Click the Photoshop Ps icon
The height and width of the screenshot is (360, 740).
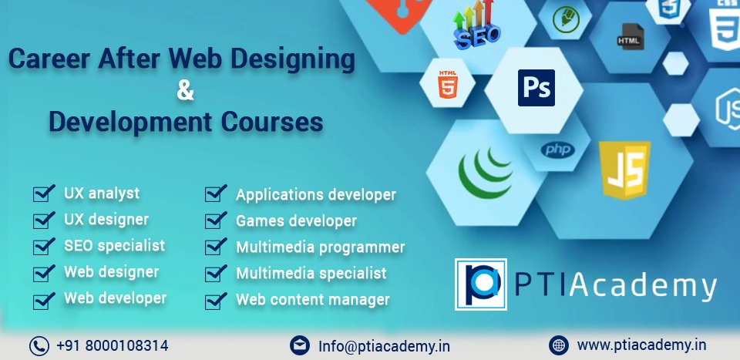point(536,87)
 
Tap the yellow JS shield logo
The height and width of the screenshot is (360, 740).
point(624,170)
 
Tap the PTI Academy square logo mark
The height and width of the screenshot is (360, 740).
point(480,283)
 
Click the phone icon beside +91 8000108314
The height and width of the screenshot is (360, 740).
point(39,345)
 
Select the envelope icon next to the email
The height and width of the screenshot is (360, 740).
point(300,345)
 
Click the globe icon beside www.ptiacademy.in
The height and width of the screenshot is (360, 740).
point(559,345)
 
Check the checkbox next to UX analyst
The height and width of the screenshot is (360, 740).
point(44,193)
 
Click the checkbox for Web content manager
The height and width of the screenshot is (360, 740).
point(215,300)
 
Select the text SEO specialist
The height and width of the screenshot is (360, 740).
point(114,246)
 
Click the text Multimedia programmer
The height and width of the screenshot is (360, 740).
point(320,247)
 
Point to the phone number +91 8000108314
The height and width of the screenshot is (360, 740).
point(112,345)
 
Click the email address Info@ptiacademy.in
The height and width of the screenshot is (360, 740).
point(384,346)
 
